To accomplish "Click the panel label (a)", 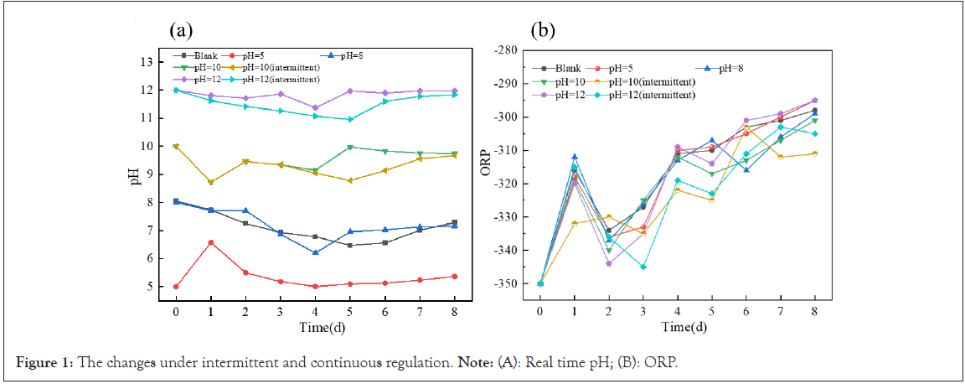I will (x=181, y=31).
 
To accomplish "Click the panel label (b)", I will (x=543, y=31).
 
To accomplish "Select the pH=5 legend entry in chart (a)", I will (x=256, y=55).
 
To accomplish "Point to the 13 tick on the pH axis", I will (x=146, y=62).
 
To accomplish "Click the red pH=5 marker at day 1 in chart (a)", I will (x=211, y=242).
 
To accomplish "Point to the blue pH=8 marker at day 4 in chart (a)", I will (x=316, y=252).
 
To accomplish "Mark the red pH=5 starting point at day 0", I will (x=176, y=287).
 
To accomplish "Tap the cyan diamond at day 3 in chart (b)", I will (x=643, y=267).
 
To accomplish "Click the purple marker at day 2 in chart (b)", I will (x=608, y=263).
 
